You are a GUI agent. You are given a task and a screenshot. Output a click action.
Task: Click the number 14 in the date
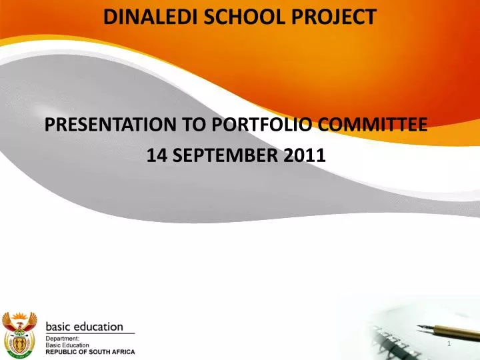point(155,155)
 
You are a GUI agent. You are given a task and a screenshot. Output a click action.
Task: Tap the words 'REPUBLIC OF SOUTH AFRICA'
point(89,351)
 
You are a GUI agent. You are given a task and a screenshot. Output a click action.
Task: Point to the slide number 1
point(450,343)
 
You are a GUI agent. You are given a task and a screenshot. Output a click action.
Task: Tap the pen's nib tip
point(419,326)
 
